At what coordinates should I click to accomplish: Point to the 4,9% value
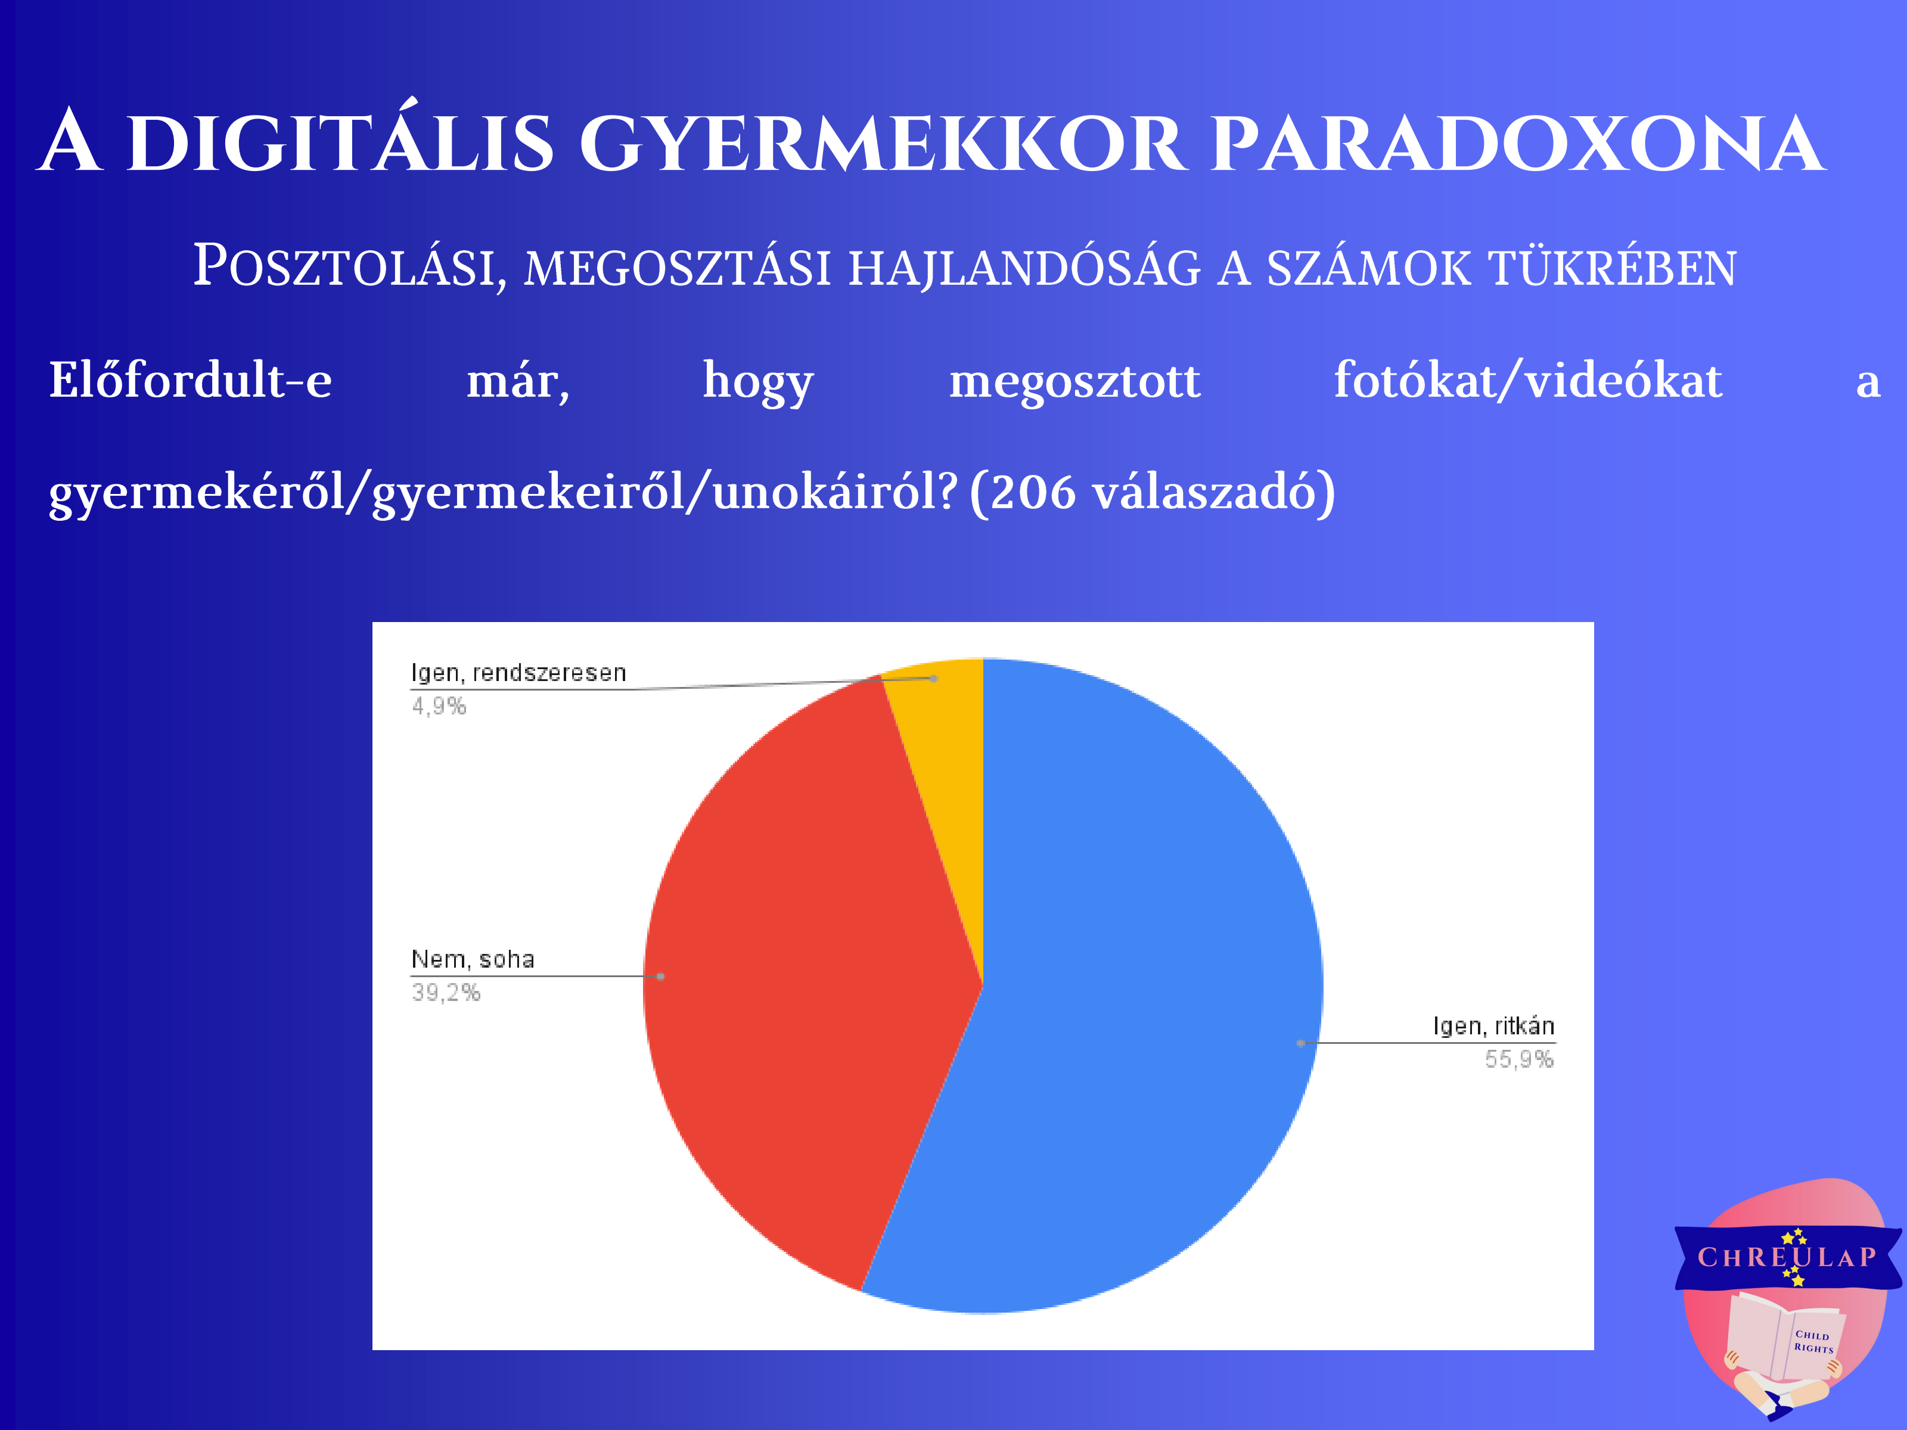tap(439, 707)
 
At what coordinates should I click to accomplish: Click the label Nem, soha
tap(473, 959)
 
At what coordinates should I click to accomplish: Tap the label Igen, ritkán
tap(1494, 1026)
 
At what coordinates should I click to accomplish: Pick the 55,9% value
tap(1519, 1059)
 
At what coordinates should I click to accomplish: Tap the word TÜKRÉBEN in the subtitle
tap(1613, 267)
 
